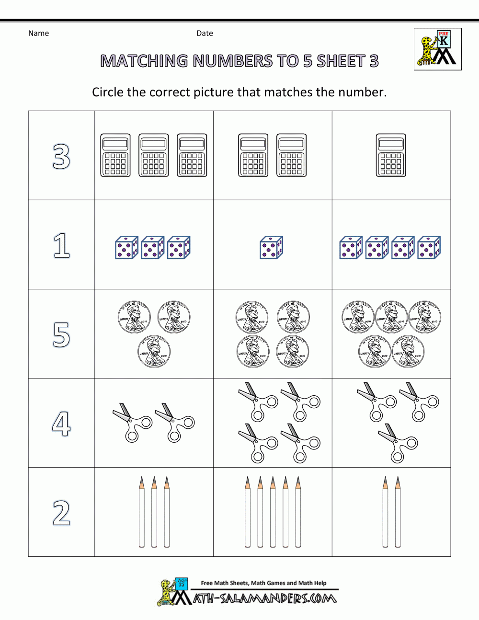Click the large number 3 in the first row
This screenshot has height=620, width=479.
tap(61, 157)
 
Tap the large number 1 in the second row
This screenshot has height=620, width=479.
tap(61, 245)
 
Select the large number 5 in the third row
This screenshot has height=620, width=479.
tap(61, 334)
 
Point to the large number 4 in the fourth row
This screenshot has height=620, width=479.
tap(61, 424)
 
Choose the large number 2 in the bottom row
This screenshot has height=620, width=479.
tap(61, 513)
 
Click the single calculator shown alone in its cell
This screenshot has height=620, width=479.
tap(391, 155)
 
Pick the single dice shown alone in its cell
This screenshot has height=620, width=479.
tap(271, 248)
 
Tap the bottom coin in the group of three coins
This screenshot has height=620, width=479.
tap(154, 351)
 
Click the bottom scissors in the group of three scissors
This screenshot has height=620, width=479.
tap(398, 443)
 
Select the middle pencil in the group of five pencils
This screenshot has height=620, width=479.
tap(273, 512)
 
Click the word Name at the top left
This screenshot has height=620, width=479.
tap(38, 33)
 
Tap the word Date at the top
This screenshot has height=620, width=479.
tap(205, 33)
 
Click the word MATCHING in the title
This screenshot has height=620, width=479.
tap(144, 61)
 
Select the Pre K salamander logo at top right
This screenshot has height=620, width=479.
tap(437, 49)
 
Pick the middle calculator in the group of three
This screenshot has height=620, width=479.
tap(154, 155)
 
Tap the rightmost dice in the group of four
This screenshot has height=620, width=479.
tap(429, 248)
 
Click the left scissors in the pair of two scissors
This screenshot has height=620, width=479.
tap(132, 422)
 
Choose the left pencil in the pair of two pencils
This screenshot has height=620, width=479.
tap(385, 512)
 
